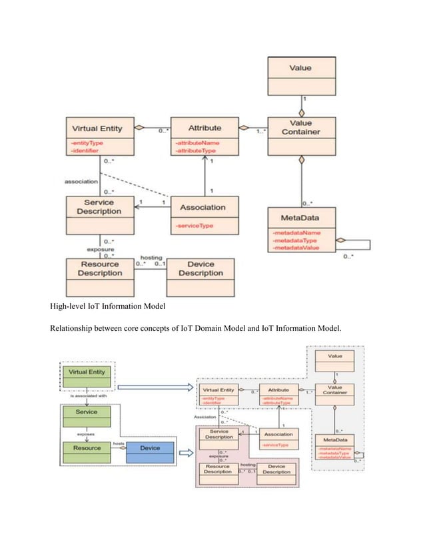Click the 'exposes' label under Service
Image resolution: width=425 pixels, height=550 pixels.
click(x=85, y=432)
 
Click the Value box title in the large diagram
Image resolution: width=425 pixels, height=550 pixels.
click(x=300, y=68)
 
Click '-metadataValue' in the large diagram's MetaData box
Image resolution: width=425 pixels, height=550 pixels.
click(x=296, y=248)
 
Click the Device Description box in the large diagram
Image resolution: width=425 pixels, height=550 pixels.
click(x=201, y=268)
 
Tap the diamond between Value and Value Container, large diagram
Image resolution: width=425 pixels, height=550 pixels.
click(x=301, y=113)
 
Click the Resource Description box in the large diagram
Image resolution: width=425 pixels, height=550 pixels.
click(x=99, y=268)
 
